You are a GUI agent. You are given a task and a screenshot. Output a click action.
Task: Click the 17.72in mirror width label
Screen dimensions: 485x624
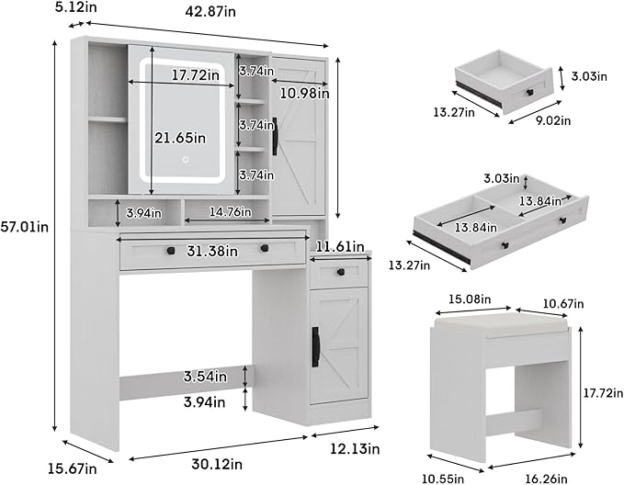click(189, 75)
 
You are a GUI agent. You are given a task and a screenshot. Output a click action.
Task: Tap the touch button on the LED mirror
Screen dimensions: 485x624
click(184, 160)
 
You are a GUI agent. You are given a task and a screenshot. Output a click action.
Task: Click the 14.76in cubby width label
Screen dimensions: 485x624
click(225, 213)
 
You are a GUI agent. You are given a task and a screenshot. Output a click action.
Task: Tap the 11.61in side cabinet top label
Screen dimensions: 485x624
click(343, 246)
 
